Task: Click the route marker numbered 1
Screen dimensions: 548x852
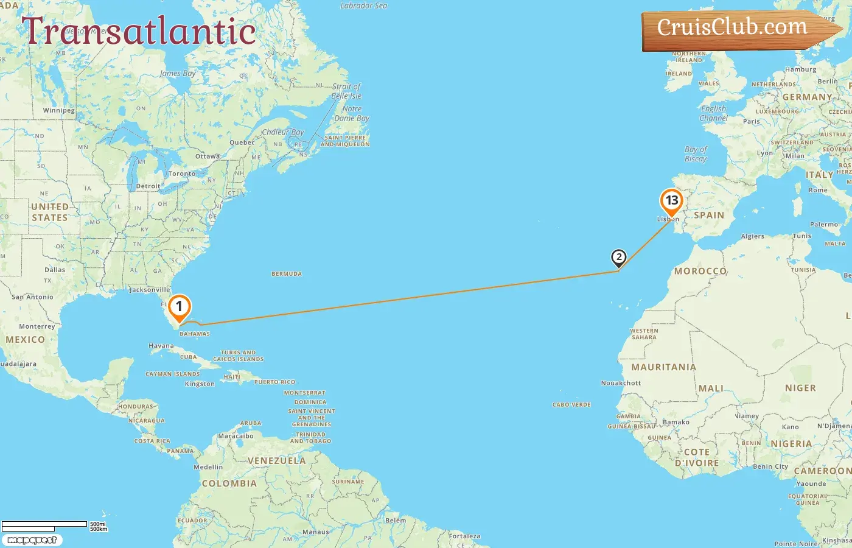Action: pos(179,307)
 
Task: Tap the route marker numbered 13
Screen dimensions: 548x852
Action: pos(671,201)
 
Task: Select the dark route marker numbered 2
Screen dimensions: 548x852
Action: pos(618,258)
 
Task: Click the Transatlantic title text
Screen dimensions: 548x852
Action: pos(139,32)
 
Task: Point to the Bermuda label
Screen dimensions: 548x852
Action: pos(287,274)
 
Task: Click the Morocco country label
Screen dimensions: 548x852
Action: pos(700,271)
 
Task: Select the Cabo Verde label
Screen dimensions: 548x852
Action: pos(571,405)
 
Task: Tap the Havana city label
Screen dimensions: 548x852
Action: pos(161,346)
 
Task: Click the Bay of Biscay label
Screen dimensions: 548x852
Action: pos(696,154)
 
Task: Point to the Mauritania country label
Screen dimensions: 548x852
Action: pos(663,367)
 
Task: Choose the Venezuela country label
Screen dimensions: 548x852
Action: pos(276,461)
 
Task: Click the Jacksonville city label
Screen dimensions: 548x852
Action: pos(150,290)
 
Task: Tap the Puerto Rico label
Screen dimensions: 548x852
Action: pos(274,382)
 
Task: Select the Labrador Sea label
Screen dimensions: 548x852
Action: pos(363,6)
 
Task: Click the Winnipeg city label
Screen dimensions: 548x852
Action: pos(59,111)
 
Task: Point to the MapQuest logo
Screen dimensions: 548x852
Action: pos(32,540)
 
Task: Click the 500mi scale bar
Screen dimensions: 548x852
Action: pos(44,524)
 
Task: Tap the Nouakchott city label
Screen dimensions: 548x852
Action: pos(621,383)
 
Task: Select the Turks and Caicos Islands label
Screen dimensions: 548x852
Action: pos(238,356)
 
